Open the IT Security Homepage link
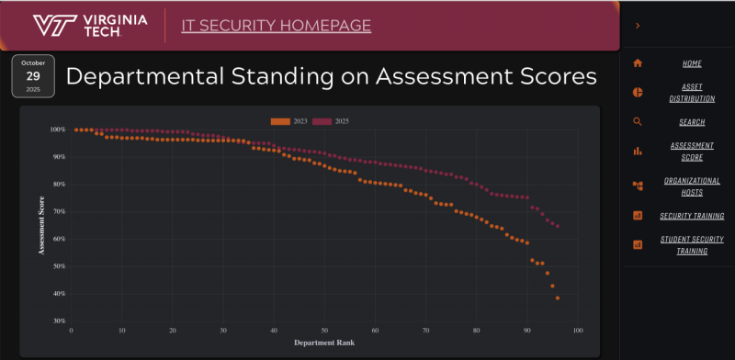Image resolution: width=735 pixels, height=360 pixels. pyautogui.click(x=277, y=25)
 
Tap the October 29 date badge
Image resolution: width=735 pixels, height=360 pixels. pyautogui.click(x=33, y=75)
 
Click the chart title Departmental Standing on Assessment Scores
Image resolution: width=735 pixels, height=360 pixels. pyautogui.click(x=332, y=75)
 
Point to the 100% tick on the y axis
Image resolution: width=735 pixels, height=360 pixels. pyautogui.click(x=57, y=129)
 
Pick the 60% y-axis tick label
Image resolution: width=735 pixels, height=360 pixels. pyautogui.click(x=59, y=239)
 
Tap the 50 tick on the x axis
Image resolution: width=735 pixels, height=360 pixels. pyautogui.click(x=324, y=331)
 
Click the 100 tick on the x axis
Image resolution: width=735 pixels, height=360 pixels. pyautogui.click(x=578, y=331)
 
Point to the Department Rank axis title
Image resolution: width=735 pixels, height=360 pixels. pyautogui.click(x=324, y=343)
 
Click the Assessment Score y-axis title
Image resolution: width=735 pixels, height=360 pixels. pyautogui.click(x=41, y=225)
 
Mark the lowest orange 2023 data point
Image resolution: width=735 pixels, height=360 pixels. pyautogui.click(x=558, y=298)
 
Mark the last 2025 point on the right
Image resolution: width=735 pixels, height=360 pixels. pyautogui.click(x=558, y=226)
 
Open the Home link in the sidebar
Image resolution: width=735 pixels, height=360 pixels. pyautogui.click(x=692, y=63)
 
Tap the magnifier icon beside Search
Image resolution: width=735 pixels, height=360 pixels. pyautogui.click(x=638, y=121)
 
